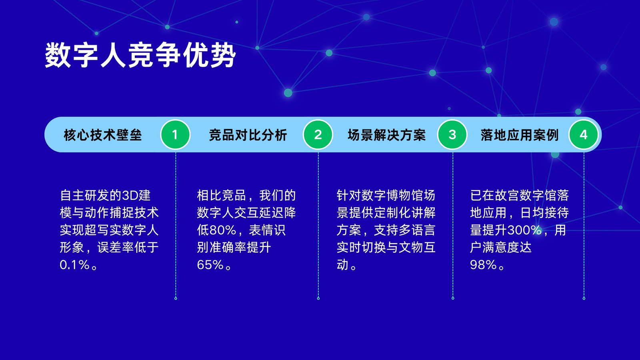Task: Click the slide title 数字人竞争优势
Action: click(140, 55)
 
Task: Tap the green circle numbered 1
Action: click(176, 134)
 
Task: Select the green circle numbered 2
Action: click(318, 134)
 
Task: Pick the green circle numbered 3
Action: click(452, 134)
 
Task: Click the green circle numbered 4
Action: click(584, 134)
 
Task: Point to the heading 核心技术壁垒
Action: click(102, 135)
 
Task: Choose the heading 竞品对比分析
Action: click(248, 135)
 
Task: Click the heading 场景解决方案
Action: click(386, 135)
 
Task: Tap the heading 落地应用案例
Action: click(520, 135)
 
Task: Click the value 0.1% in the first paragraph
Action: click(75, 265)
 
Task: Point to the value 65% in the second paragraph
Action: click(210, 265)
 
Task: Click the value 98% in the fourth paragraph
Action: click(484, 265)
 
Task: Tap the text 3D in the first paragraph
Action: click(130, 196)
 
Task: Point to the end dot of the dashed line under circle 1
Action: click(176, 298)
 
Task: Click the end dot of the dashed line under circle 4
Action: click(584, 298)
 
